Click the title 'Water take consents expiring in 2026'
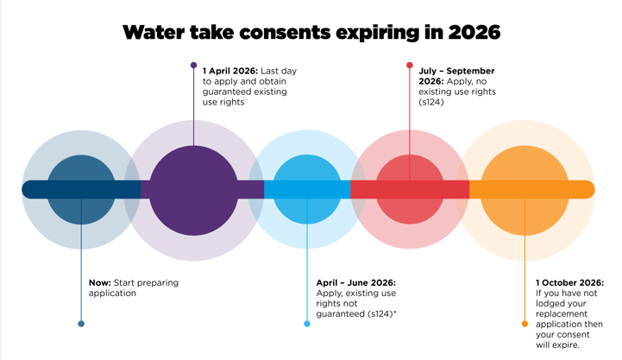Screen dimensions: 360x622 (311, 34)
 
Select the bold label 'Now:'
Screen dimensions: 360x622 (99, 281)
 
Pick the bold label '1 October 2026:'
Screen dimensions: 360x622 (569, 282)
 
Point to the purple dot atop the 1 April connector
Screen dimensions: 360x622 (194, 64)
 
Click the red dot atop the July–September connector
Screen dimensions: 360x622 (410, 64)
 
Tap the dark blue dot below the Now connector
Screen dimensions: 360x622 (81, 324)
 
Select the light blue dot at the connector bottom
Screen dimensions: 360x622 (307, 324)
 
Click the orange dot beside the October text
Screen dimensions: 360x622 (525, 324)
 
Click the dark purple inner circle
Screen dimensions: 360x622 (194, 188)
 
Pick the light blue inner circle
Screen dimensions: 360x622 (307, 188)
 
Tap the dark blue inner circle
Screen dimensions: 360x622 (81, 188)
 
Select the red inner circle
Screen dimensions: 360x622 (410, 188)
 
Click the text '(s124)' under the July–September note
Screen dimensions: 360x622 (433, 101)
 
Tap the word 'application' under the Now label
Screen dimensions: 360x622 (113, 293)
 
